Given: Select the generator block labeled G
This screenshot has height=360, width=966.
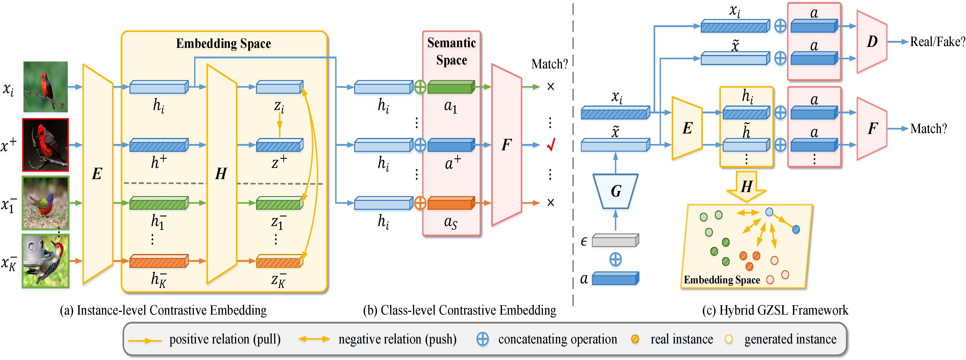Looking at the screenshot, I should coord(615,191).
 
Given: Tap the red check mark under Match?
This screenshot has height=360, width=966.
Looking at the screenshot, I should coord(551,144).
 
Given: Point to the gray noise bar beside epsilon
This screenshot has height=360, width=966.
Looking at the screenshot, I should coord(615,240).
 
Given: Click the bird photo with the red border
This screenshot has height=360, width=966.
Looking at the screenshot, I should coord(45,145).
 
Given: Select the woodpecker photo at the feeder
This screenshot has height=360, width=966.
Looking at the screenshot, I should coord(45,261).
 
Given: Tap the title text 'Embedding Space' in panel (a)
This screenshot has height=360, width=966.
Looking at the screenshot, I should coord(224,44).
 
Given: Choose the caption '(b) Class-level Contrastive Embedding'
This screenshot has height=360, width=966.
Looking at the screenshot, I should coord(459,311).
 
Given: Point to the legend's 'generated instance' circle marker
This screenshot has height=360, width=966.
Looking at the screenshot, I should coord(729,339).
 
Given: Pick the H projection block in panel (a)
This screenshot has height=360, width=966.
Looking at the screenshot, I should coord(221,174).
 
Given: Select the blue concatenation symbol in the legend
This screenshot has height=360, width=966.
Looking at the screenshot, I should coord(482,339).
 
